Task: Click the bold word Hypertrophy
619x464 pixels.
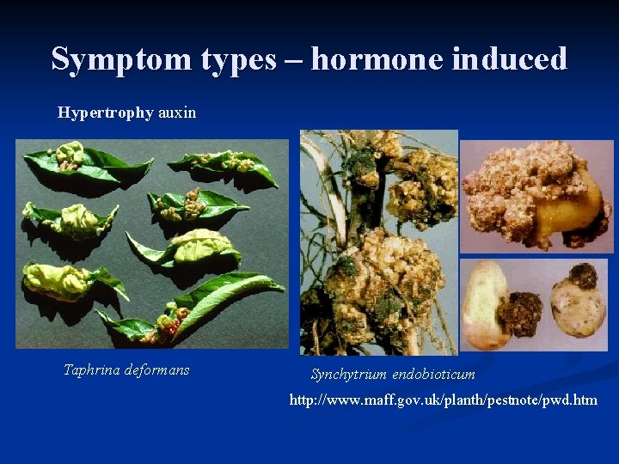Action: point(106,113)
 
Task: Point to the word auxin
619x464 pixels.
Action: point(177,113)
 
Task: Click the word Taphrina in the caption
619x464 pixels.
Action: point(93,370)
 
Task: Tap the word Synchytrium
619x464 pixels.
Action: point(348,375)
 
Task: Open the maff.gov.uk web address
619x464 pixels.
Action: point(443,400)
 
